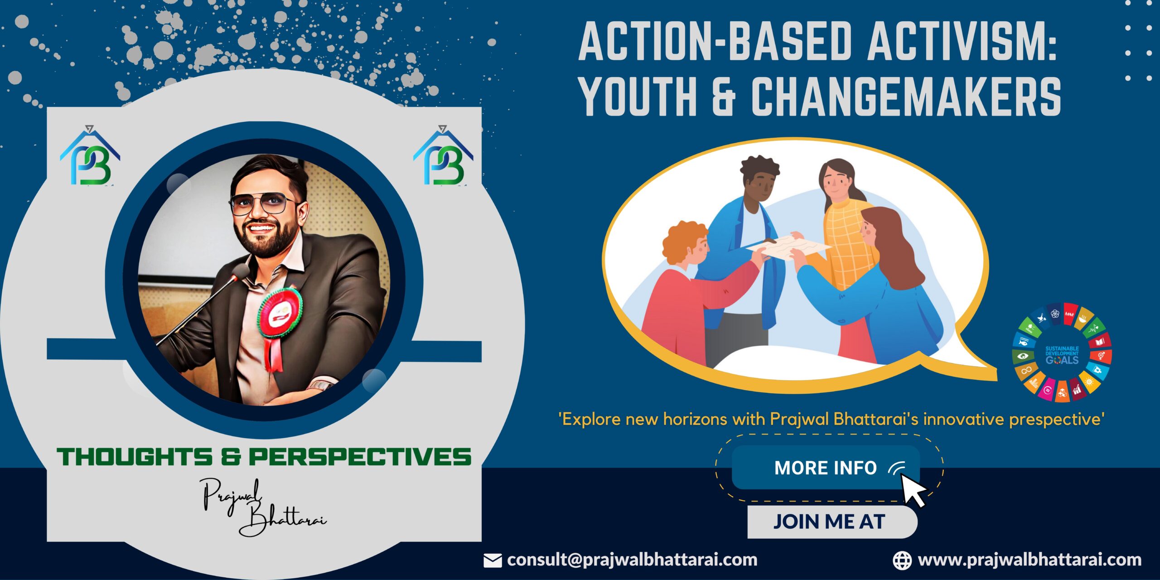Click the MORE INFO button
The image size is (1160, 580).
pos(826,468)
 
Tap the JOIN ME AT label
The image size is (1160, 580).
pos(829,522)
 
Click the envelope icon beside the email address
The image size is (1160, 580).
pos(493,561)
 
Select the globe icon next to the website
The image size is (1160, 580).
pos(902,561)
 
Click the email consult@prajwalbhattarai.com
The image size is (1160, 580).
pos(632,560)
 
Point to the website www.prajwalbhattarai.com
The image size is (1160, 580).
pos(1029,560)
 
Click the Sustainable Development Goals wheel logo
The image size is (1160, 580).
pos(1062,353)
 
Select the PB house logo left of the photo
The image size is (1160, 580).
pos(90,156)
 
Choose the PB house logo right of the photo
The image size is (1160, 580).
pos(443,156)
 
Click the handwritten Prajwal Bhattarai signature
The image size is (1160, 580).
pos(264,507)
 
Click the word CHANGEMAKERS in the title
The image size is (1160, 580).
pos(906,96)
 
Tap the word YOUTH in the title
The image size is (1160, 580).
pos(638,96)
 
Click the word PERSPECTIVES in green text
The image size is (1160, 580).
pos(360,457)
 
